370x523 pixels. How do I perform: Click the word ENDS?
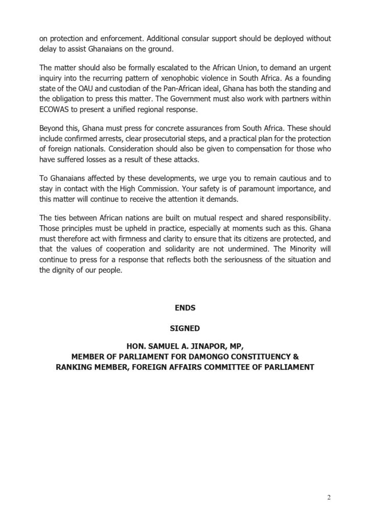(x=184, y=308)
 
